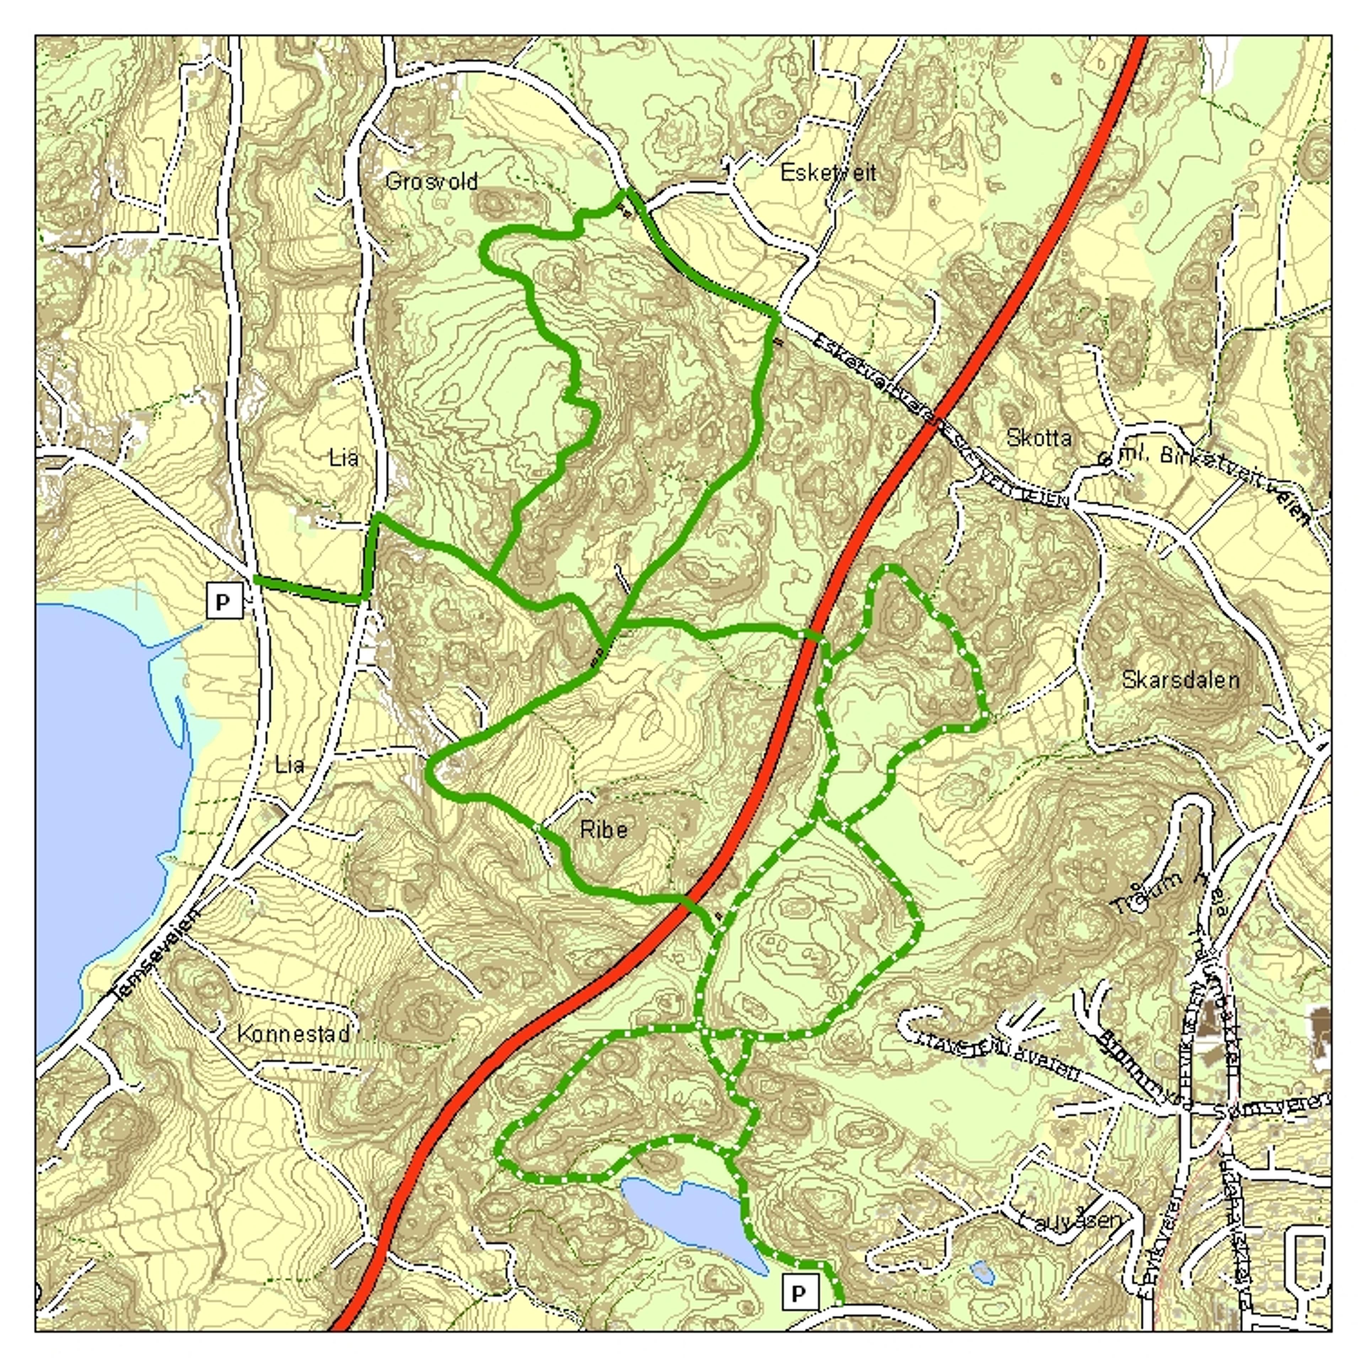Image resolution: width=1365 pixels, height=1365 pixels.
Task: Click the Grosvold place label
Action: [x=432, y=182]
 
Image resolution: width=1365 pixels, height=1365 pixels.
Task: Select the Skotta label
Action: [x=1039, y=438]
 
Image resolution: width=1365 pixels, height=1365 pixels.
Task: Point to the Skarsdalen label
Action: [x=1180, y=680]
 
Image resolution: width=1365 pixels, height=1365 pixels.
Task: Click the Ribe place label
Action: [x=603, y=829]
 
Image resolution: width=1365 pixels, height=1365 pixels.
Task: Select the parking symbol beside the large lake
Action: [x=223, y=602]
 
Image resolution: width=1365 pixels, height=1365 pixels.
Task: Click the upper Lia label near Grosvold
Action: [x=344, y=458]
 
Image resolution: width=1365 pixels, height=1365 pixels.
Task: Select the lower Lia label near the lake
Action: [x=290, y=765]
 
